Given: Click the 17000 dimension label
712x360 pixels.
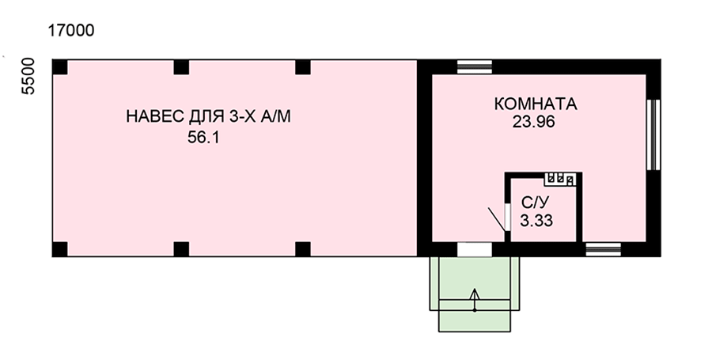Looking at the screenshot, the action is [71, 30].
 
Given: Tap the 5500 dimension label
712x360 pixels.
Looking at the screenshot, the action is [28, 76].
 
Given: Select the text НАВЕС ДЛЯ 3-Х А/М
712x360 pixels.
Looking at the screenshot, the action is [208, 116].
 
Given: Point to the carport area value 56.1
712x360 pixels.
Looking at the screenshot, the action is [203, 137].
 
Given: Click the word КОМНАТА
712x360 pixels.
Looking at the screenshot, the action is [536, 104].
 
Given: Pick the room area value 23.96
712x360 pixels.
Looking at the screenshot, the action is [534, 122].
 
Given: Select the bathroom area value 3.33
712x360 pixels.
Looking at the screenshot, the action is [536, 221].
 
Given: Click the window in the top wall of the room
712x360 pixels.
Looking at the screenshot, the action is [475, 66].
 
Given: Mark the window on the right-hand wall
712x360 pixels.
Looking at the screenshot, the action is [653, 135].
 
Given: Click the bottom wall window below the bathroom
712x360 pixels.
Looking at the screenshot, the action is [603, 249].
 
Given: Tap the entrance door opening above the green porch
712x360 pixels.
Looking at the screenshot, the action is [475, 249].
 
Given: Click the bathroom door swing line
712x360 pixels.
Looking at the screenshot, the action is [497, 220].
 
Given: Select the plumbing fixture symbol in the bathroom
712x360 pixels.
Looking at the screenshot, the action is [560, 179].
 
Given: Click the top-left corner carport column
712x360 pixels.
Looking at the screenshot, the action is [60, 67].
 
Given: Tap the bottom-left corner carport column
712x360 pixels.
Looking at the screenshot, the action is [60, 249].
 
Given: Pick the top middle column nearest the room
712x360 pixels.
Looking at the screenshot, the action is [303, 67].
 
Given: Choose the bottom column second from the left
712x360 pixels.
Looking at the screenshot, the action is [181, 249].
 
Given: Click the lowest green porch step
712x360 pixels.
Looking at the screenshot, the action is [475, 321].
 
